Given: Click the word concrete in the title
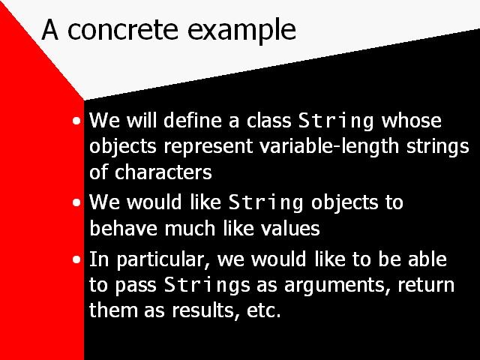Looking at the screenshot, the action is pyautogui.click(x=122, y=30).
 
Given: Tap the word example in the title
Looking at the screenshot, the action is pyautogui.click(x=241, y=31).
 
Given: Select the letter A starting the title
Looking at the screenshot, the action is pyautogui.click(x=50, y=29).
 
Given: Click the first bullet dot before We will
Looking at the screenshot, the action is pyautogui.click(x=76, y=121).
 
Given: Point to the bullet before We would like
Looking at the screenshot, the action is pyautogui.click(x=76, y=202).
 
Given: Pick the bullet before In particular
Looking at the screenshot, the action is pyautogui.click(x=76, y=259).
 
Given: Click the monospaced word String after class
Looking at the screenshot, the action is pyautogui.click(x=336, y=121).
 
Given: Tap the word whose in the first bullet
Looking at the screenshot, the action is pyautogui.click(x=412, y=120).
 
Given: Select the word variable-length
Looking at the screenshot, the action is pyautogui.click(x=329, y=146).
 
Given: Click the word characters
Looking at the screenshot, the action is pyautogui.click(x=163, y=172).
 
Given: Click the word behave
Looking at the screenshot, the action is pyautogui.click(x=122, y=228).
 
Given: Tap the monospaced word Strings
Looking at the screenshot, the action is pyautogui.click(x=207, y=285).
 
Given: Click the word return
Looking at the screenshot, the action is pyautogui.click(x=426, y=285).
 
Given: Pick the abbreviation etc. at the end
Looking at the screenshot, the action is pyautogui.click(x=264, y=310).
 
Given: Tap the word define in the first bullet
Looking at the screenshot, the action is pyautogui.click(x=193, y=120).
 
